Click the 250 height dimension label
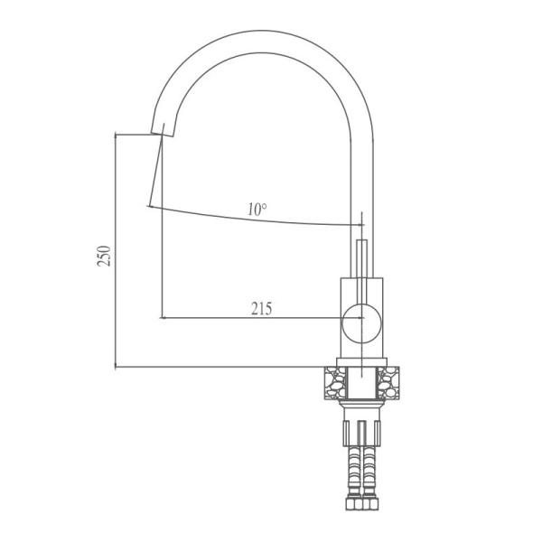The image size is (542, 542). click(105, 256)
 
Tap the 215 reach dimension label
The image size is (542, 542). click(261, 308)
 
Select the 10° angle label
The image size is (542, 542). click(257, 210)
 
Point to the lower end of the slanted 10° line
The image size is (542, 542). click(148, 205)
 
